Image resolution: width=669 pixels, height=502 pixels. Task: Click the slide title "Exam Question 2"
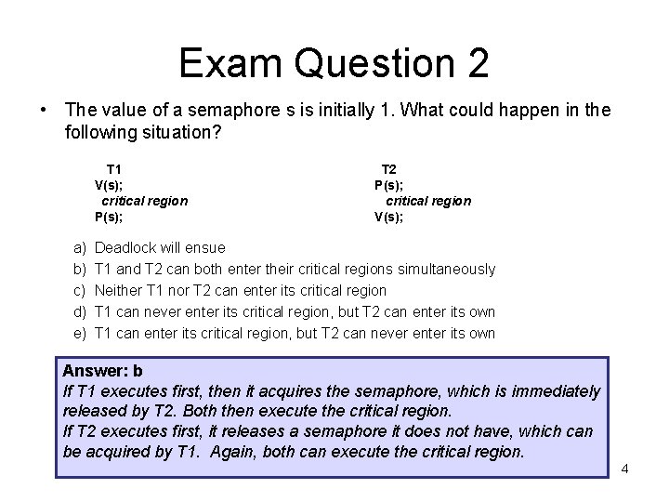(334, 62)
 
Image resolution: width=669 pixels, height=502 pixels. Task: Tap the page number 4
(624, 468)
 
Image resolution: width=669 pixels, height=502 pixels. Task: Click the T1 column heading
(114, 169)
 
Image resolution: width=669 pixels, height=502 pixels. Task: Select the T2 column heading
(389, 169)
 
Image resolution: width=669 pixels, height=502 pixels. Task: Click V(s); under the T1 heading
(111, 185)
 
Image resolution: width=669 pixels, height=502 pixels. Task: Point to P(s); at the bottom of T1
(110, 217)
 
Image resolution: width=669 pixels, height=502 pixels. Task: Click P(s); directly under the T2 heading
(388, 185)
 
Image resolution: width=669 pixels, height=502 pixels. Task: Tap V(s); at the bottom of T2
(388, 217)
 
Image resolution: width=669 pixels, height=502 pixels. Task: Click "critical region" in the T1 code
(144, 201)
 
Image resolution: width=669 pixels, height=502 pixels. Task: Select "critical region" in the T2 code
(428, 201)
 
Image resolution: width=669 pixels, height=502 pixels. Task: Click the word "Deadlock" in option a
(127, 248)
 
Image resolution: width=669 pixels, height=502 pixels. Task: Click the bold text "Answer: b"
(102, 371)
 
